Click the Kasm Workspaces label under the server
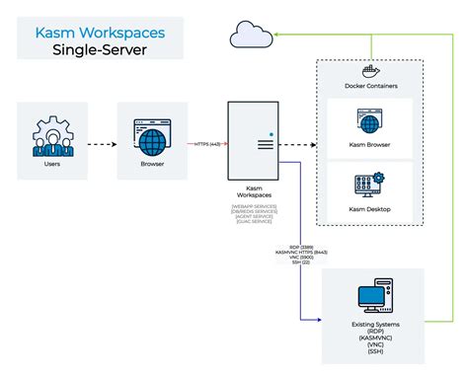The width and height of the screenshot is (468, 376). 251,193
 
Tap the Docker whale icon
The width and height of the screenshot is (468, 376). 373,71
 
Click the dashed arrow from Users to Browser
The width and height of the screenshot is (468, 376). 98,143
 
